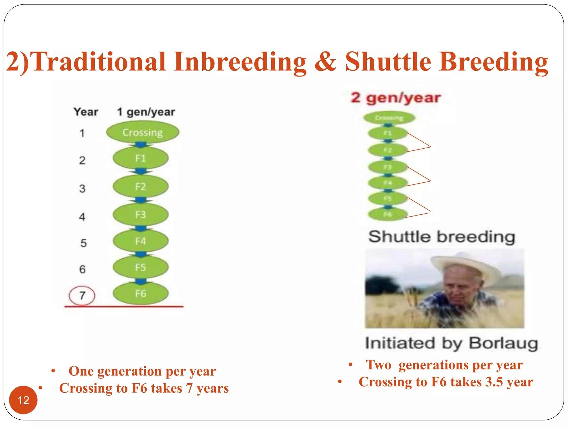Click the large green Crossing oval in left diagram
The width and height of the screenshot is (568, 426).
point(143,133)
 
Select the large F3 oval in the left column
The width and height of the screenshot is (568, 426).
point(140,215)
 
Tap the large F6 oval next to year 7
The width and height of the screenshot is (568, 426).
point(140,293)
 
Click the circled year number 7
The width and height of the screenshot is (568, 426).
point(82,296)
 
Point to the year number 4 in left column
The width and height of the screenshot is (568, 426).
point(82,217)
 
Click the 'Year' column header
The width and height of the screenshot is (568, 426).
point(86,112)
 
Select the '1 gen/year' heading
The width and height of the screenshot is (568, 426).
point(146,112)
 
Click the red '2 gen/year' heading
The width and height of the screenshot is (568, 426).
point(395,98)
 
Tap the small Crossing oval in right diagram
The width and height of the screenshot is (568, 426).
point(389,118)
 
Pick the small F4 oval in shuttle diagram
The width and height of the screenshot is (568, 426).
point(387,183)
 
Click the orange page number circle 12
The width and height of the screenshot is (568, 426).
point(23,400)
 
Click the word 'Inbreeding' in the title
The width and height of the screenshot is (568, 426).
point(240,62)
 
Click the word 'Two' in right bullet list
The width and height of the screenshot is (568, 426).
point(379,365)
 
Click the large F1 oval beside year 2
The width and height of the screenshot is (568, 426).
point(140,158)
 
